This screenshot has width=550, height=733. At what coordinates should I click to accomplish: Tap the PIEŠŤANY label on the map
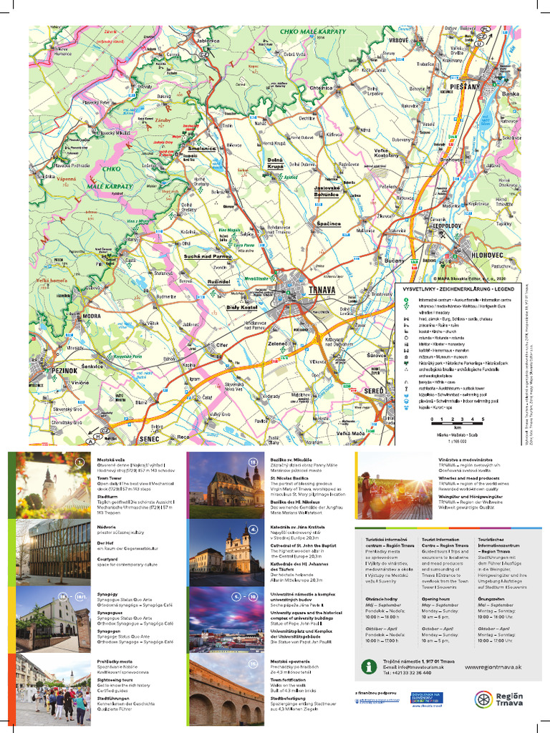tap(464, 85)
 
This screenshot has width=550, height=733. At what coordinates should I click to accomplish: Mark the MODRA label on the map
tap(92, 316)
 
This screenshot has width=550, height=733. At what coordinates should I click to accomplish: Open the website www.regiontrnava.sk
tap(493, 667)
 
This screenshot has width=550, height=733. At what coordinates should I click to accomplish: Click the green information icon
tap(369, 666)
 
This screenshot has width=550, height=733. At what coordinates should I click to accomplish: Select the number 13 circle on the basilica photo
tap(253, 462)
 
